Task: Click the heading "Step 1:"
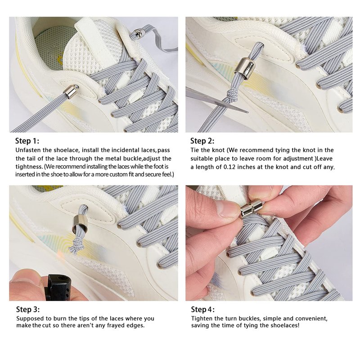[x=27, y=141]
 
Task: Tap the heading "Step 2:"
[x=202, y=141]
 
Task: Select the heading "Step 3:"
[x=28, y=309]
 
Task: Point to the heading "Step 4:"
[x=203, y=309]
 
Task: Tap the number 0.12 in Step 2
[x=229, y=167]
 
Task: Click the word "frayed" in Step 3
[x=117, y=325]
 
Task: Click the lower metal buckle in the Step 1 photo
[x=71, y=92]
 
